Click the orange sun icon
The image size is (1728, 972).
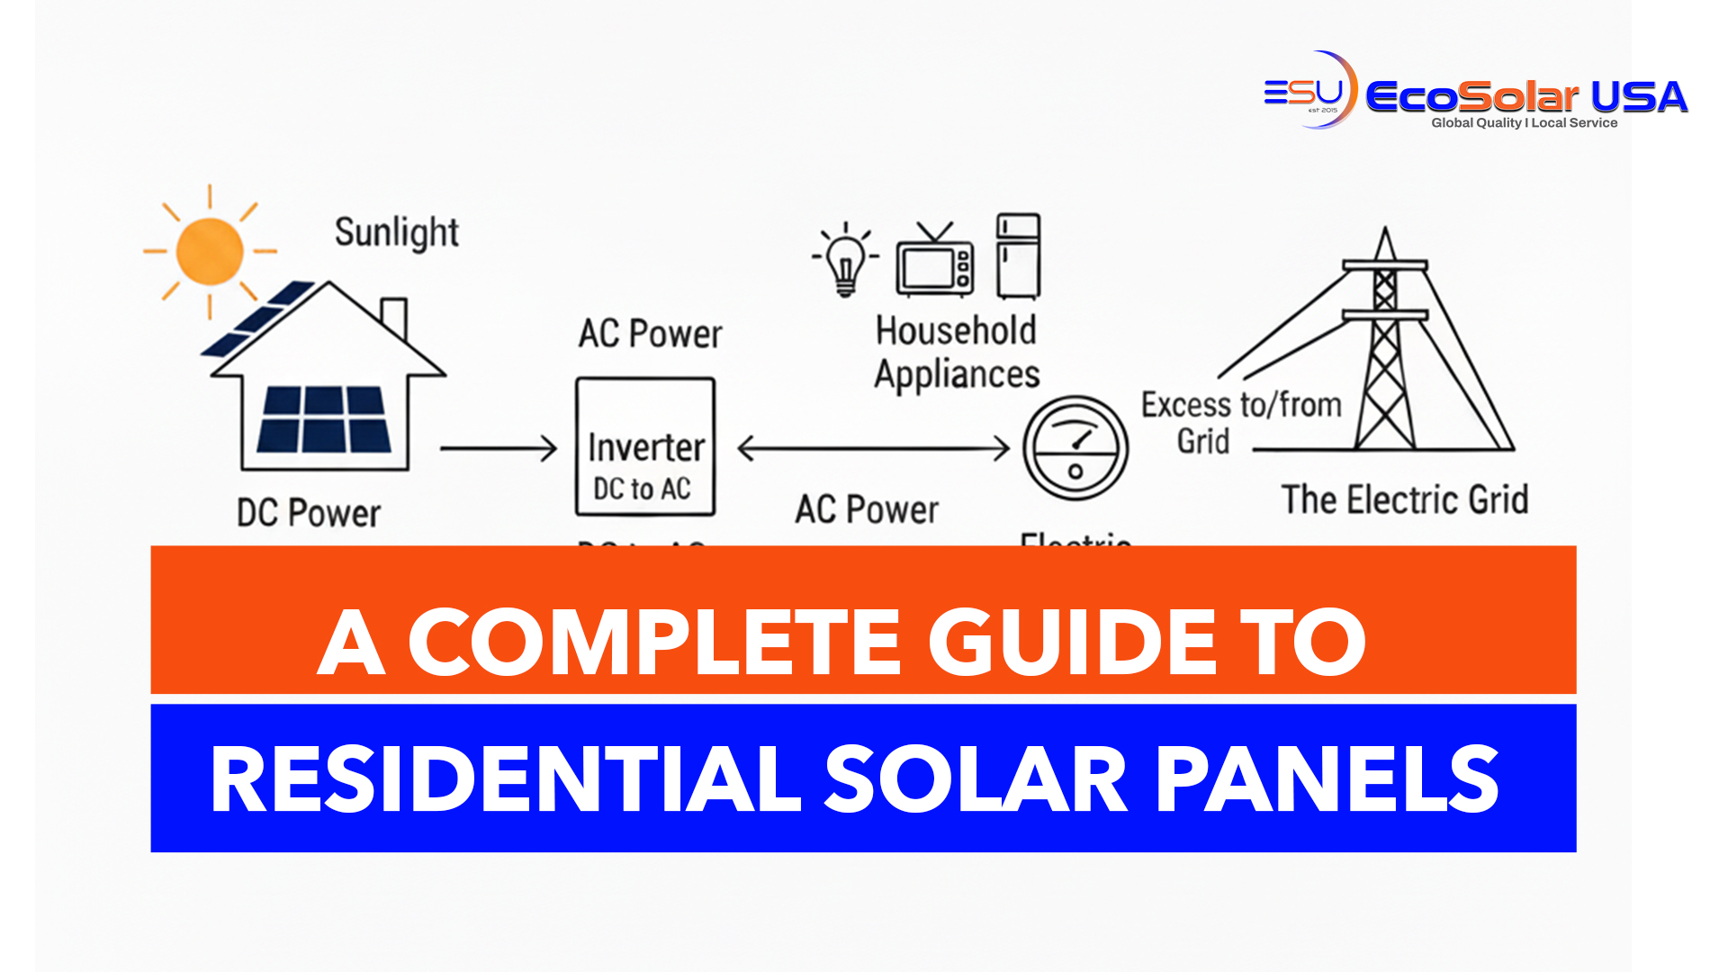click(x=210, y=252)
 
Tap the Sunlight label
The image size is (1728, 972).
click(x=397, y=233)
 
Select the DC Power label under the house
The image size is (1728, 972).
click(x=309, y=513)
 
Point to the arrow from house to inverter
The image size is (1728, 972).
click(x=499, y=447)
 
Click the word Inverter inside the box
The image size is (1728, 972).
click(x=645, y=447)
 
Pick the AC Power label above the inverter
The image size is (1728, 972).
click(x=650, y=334)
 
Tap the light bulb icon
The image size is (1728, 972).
click(x=844, y=260)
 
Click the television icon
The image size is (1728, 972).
click(x=934, y=263)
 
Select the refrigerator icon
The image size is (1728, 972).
click(x=1018, y=256)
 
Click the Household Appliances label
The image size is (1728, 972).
click(x=957, y=353)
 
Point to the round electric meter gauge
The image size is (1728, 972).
click(x=1075, y=447)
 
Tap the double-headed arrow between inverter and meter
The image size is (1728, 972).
click(x=873, y=447)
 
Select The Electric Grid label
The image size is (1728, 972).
click(x=1404, y=499)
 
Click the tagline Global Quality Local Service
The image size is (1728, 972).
click(x=1524, y=123)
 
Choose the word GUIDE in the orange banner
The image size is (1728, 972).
click(x=1072, y=642)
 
